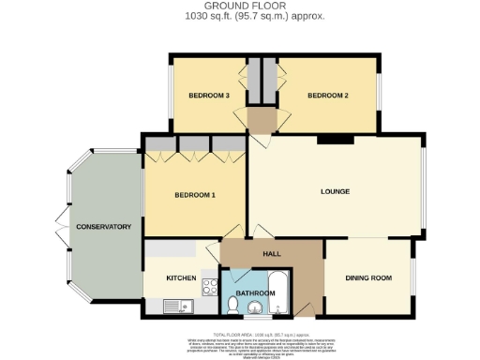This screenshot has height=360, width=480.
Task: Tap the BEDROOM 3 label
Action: pos(209,96)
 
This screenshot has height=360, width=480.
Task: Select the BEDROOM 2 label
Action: pos(328,96)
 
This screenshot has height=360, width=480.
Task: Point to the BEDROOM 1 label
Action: pos(195,195)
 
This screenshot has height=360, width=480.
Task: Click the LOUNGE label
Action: pos(335,191)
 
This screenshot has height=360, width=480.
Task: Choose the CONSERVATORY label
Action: pos(103,227)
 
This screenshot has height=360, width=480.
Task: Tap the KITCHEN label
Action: pos(180,278)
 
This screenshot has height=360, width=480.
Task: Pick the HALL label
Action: pos(272,254)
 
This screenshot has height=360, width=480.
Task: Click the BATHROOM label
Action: pos(255,293)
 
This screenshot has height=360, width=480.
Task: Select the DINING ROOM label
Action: pos(368,278)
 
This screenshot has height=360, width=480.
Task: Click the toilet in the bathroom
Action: pos(232,303)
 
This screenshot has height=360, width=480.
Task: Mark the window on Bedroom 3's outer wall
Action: pos(169,96)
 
